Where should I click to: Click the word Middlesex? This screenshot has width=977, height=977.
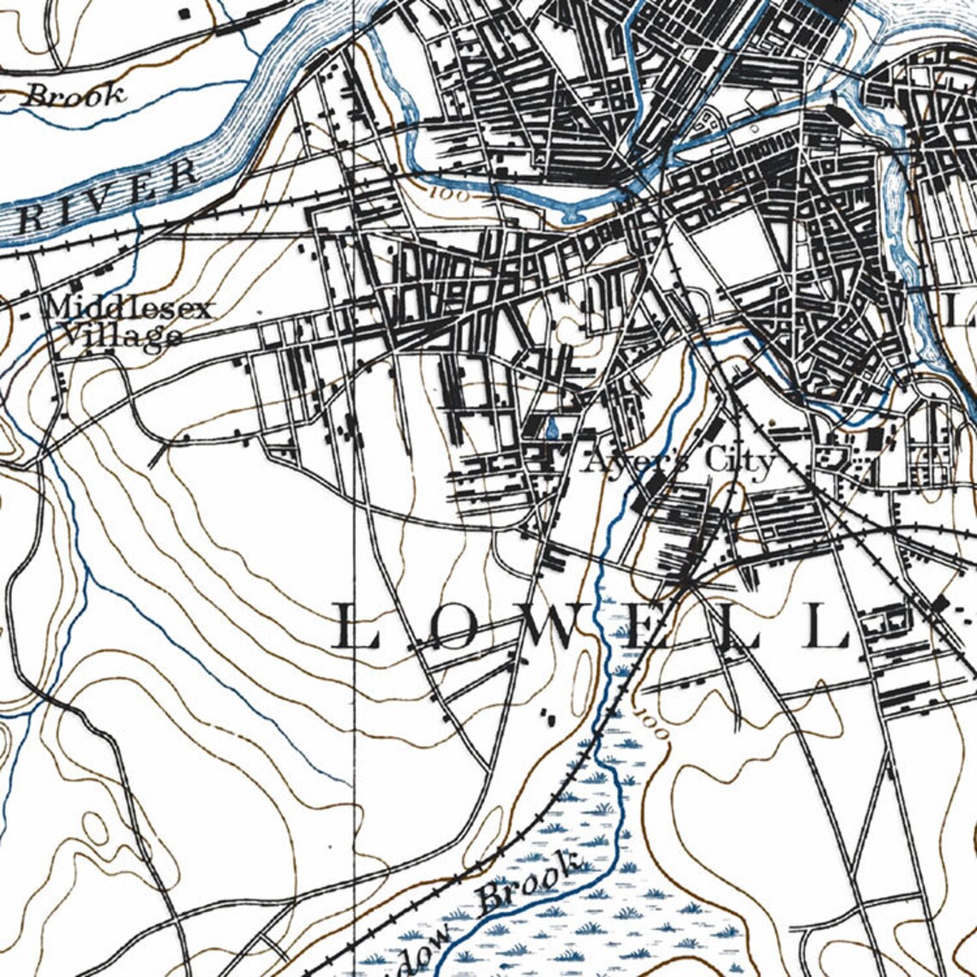point(129,308)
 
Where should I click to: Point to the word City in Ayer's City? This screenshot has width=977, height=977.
point(740,461)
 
